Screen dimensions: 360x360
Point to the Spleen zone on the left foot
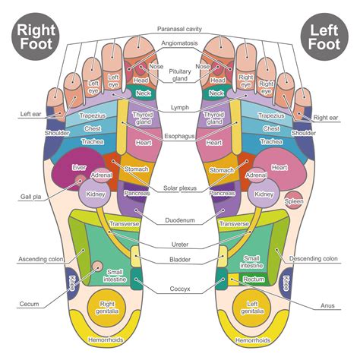293,201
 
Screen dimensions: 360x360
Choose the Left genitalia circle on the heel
254,309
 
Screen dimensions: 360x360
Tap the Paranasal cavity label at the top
180,28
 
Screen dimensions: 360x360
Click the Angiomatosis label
180,43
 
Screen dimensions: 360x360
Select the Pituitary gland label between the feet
180,74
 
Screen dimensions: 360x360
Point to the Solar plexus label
180,188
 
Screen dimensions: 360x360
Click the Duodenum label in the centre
180,221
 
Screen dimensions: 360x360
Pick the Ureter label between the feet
180,245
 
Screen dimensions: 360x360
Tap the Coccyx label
180,289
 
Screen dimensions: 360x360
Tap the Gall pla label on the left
30,197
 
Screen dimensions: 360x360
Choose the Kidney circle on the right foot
95,194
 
